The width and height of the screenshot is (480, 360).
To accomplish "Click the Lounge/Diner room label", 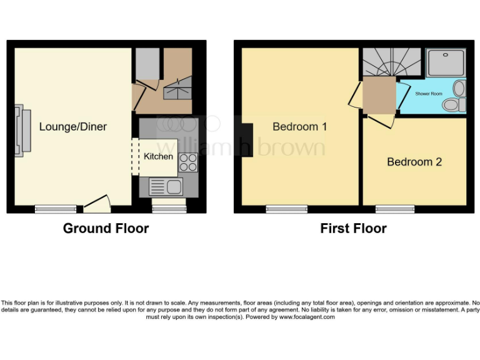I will coord(72,127).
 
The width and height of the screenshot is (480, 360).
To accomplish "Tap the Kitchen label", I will coord(158,156).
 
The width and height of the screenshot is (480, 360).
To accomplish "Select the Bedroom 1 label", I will coord(299,127).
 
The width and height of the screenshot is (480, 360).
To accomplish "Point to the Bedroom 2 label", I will coord(414,162).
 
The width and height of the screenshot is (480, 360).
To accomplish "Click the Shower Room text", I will coord(428,94).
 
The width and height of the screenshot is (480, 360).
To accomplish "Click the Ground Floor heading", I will coord(106,228).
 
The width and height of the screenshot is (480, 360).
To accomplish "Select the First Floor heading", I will coord(353,228).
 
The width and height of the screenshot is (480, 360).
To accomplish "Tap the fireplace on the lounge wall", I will coord(22,132).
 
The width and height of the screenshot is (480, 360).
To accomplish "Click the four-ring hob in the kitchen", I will coord(188,162).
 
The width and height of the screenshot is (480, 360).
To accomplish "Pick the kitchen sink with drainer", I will coord(166,186).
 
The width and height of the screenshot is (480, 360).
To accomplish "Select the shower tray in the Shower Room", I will coord(445,62).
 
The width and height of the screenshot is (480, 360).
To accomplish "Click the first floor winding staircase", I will coord(391,63).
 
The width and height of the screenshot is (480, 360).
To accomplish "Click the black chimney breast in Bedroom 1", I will coord(247,140).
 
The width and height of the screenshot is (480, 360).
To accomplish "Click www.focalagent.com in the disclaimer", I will coord(306,317).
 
